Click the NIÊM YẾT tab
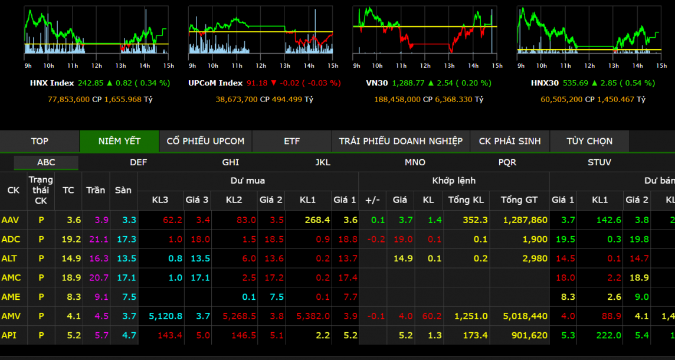tap(119, 141)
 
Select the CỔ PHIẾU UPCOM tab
tap(205, 141)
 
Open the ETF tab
tap(291, 141)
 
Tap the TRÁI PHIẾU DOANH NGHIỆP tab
tap(400, 141)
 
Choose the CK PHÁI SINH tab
tap(510, 141)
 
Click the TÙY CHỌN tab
tap(589, 141)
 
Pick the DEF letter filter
tap(139, 162)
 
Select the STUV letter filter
tap(599, 162)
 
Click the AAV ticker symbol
tap(11, 220)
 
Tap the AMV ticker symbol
tap(11, 316)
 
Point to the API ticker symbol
tap(9, 335)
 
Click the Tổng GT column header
tap(519, 200)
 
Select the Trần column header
tap(96, 190)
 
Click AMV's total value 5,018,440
tap(525, 316)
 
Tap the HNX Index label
tap(52, 83)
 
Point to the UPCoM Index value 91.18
tap(257, 83)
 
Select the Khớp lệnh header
tap(453, 181)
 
